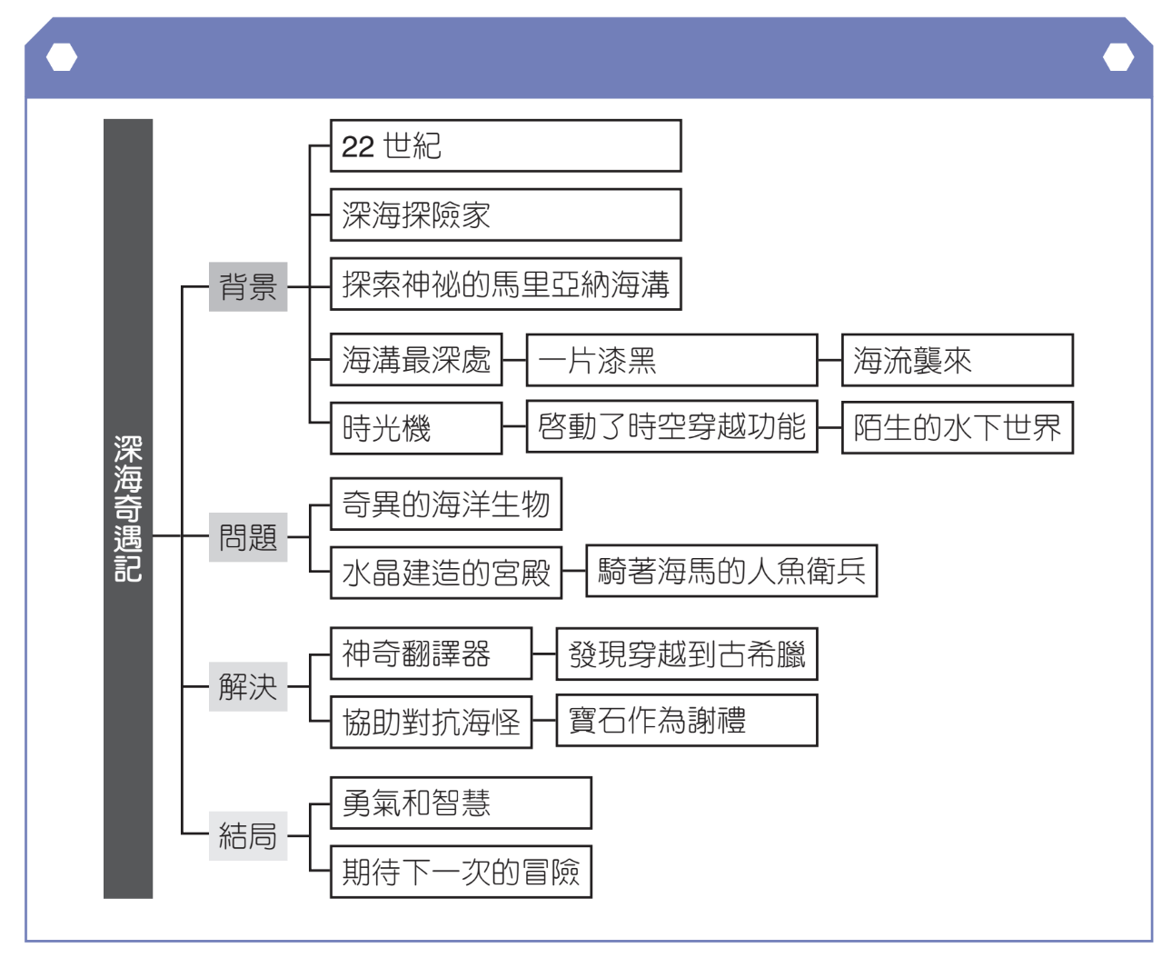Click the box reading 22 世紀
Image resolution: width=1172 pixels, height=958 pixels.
pos(505,145)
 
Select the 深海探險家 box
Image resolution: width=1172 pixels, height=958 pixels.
pos(505,215)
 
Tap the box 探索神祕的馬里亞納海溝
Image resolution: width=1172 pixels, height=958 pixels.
pos(505,284)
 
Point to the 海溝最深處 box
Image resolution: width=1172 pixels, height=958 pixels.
pos(416,360)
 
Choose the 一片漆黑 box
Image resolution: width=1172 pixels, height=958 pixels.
pos(671,360)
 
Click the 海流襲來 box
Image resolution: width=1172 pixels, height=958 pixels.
pos(957,360)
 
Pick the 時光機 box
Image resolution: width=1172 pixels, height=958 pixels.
pos(416,428)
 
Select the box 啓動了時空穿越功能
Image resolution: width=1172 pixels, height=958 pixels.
pos(671,427)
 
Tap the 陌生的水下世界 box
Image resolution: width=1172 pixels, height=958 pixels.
pos(957,427)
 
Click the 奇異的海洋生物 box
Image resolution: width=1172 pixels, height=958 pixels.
pos(445,504)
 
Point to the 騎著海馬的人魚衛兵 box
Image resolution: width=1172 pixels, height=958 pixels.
pos(731,571)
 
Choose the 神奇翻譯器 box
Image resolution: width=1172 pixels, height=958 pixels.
pos(431,654)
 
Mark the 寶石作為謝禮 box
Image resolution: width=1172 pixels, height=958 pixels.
pos(686,721)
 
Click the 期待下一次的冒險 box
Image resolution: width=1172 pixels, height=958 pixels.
pos(461,873)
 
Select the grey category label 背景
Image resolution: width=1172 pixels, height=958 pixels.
pos(248,287)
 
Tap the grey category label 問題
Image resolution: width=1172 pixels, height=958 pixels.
pos(248,537)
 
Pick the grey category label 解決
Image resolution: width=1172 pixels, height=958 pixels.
pos(248,686)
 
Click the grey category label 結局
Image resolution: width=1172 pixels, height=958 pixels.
pos(248,835)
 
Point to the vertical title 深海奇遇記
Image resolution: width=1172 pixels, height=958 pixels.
pos(128,509)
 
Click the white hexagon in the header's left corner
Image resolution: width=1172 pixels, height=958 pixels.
pos(62,58)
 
